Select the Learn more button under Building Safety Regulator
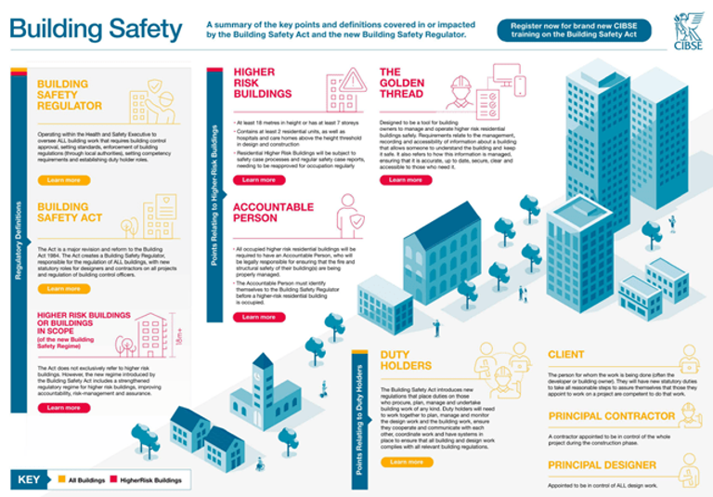click(x=63, y=180)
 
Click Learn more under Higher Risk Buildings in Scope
click(x=63, y=408)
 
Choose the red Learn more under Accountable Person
click(x=259, y=317)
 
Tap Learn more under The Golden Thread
click(x=406, y=180)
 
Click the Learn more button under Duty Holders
click(x=406, y=461)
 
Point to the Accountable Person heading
click(x=268, y=212)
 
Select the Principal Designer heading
click(x=602, y=464)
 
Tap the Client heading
click(x=566, y=355)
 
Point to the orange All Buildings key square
click(x=61, y=480)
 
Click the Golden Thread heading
click(x=402, y=83)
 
